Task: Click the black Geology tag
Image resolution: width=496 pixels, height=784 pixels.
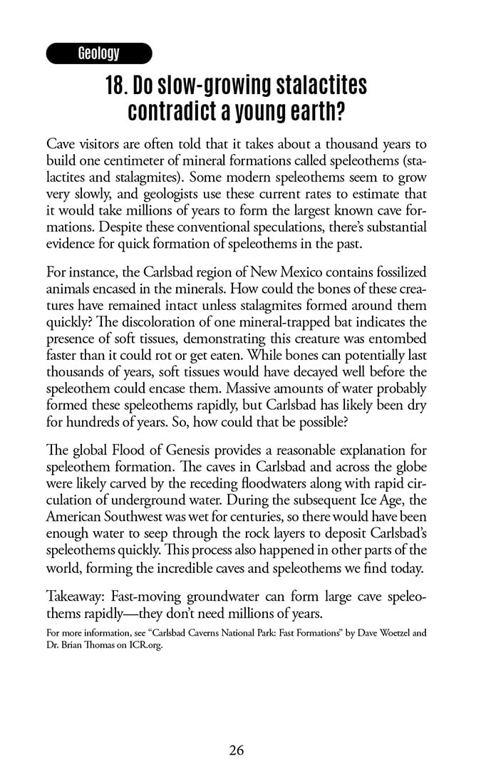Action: [99, 53]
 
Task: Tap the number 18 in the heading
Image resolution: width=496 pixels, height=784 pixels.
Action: [115, 87]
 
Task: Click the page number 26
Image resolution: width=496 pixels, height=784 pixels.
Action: [237, 751]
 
